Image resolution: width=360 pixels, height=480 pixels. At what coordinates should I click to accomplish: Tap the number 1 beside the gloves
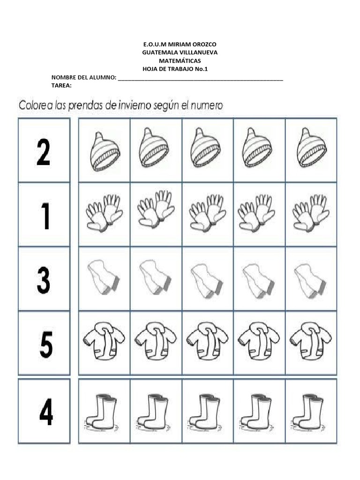coord(45,216)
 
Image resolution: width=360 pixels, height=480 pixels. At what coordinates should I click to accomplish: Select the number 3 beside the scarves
coord(44,280)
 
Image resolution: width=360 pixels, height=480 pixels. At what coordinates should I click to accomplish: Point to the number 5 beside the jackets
coord(46,345)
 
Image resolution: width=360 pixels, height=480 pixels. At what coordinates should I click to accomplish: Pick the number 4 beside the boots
coord(46,412)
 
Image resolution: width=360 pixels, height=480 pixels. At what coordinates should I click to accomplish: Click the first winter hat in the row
coord(105,150)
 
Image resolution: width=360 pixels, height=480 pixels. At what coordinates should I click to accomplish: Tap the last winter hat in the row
coord(312,148)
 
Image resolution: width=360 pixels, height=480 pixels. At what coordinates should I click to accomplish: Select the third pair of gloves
coord(208,213)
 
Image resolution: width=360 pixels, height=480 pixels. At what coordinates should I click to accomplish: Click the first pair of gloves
coord(104,213)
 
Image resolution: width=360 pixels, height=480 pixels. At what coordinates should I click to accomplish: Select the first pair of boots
coord(104,412)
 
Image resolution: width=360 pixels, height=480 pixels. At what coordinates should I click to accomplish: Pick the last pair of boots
coord(311,412)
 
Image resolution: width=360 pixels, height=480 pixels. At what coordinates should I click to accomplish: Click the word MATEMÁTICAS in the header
coord(180,61)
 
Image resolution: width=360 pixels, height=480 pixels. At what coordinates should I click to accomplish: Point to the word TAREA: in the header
coord(61,86)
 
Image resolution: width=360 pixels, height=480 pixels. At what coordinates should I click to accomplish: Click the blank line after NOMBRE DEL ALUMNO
coord(201,78)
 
